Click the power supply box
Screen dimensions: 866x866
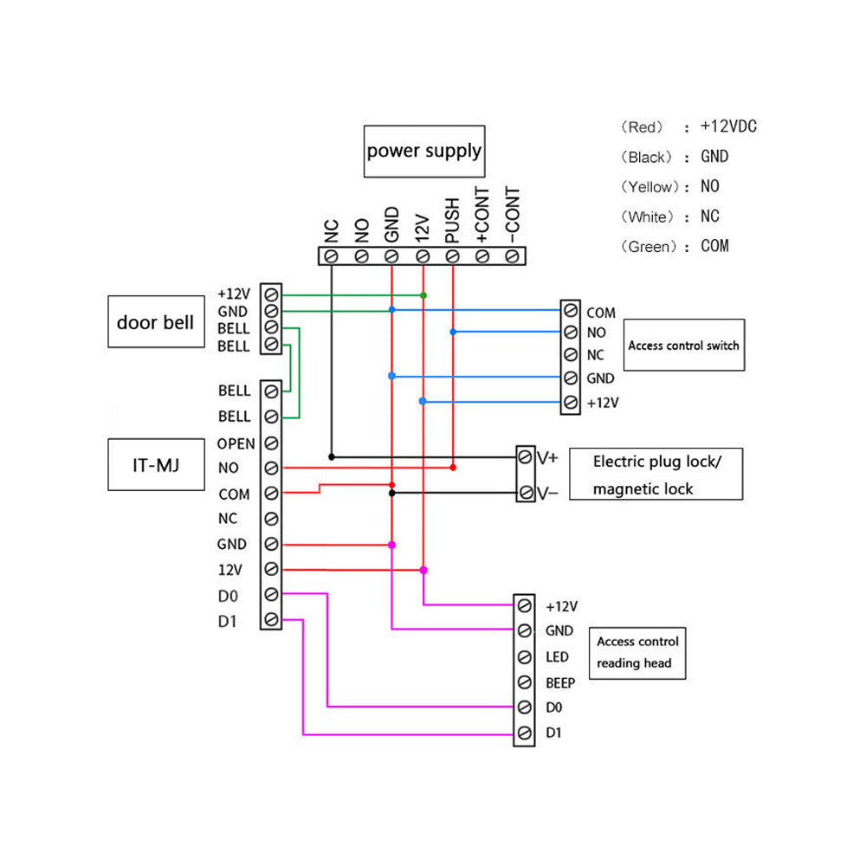point(423,151)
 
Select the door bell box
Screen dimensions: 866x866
point(156,322)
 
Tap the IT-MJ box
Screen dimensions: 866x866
point(155,465)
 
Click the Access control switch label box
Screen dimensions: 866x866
point(683,346)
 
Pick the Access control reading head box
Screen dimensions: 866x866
point(637,652)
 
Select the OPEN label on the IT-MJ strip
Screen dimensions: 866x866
point(236,443)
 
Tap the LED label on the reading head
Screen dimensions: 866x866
point(557,657)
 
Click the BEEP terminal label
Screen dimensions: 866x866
point(560,682)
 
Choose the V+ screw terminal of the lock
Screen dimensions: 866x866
point(526,456)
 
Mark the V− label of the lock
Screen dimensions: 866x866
point(548,492)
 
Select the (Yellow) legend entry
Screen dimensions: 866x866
point(649,186)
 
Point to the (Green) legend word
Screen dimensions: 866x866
point(649,247)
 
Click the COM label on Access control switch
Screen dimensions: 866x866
point(600,313)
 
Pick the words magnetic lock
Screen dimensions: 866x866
point(643,489)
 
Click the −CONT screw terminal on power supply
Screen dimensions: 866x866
point(513,255)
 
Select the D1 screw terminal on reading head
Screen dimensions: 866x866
point(524,734)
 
